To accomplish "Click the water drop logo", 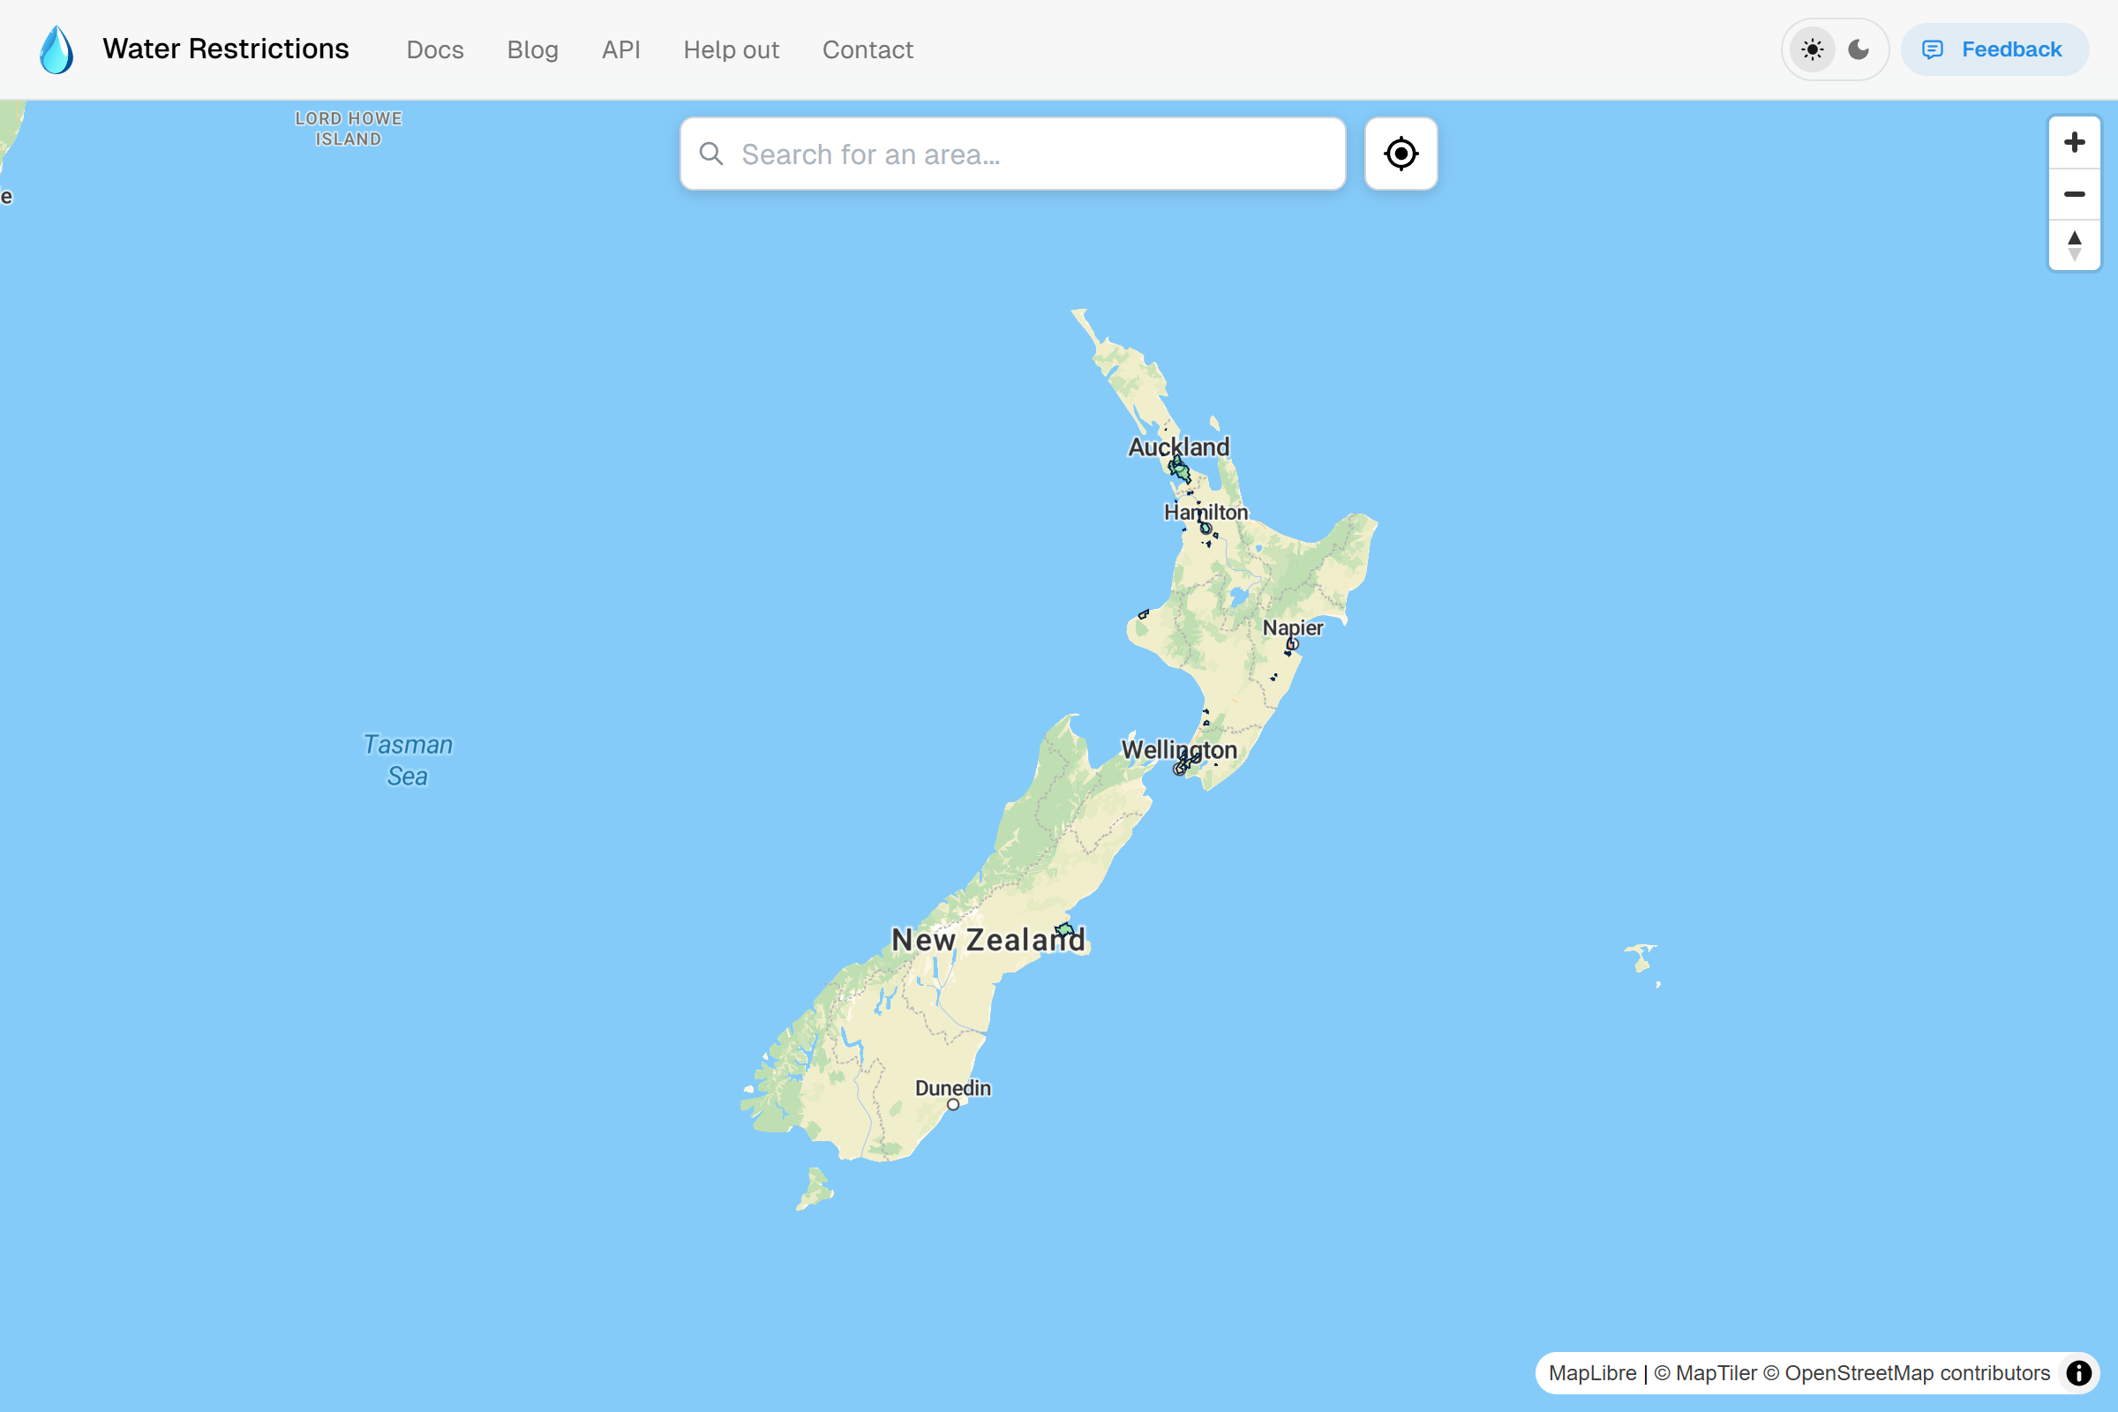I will (56, 49).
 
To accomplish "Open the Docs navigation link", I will (435, 49).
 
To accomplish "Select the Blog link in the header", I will (532, 49).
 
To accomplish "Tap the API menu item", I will (620, 49).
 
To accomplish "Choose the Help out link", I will (731, 49).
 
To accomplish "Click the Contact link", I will (867, 49).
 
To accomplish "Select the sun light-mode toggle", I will (1812, 49).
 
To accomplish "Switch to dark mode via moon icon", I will (1859, 49).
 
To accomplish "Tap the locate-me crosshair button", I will (1401, 154).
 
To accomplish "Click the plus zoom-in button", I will (2074, 142).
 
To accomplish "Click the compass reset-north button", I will (2074, 245).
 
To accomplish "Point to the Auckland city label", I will (1178, 447).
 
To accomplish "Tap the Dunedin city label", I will (953, 1088).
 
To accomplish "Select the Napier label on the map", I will (1292, 627).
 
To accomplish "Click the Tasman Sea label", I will (407, 760).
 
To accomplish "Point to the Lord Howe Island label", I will (349, 129).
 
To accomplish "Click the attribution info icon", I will (2077, 1372).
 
